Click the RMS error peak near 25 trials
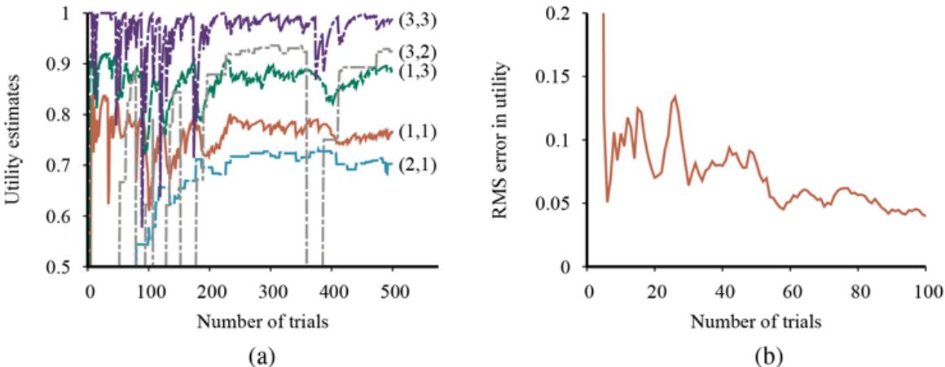[x=675, y=96]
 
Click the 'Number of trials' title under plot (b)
[x=757, y=320]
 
